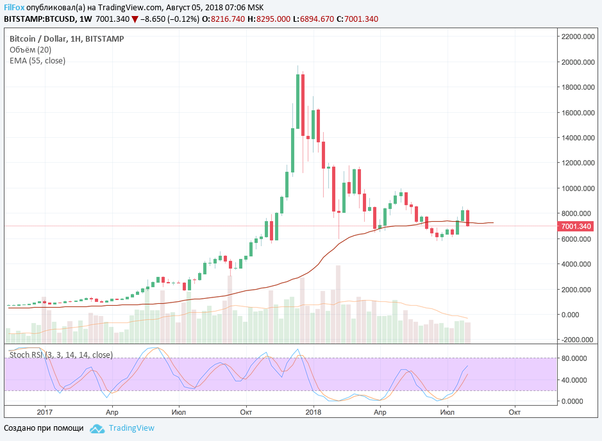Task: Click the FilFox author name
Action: [15, 7]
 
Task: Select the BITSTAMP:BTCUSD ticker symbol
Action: [44, 19]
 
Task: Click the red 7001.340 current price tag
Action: [576, 226]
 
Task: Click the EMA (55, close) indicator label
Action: [37, 61]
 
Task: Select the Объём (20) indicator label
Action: [30, 50]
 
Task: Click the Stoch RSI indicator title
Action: [61, 354]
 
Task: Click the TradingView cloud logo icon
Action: [97, 428]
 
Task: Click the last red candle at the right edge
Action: [468, 218]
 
